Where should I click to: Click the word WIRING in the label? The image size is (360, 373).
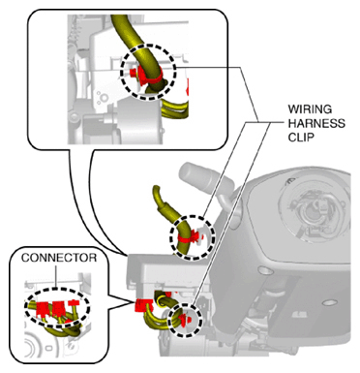point(310,109)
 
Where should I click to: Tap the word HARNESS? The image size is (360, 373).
point(316,123)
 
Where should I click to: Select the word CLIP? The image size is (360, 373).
point(301,138)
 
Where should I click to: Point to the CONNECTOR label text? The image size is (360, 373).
point(59,258)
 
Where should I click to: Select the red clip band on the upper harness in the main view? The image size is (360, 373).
point(189,238)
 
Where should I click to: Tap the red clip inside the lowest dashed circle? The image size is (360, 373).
point(186,319)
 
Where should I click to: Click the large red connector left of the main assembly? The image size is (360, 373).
point(143,305)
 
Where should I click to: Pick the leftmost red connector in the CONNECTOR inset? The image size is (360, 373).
point(44,309)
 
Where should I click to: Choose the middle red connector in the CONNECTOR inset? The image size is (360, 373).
point(59,309)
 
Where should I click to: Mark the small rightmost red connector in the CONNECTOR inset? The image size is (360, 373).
point(75,302)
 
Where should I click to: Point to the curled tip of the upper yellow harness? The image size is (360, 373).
point(156,190)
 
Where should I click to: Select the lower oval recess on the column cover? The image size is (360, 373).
point(328,303)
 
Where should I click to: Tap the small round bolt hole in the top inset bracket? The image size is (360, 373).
point(103,97)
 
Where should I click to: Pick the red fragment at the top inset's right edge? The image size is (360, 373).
point(188,87)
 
